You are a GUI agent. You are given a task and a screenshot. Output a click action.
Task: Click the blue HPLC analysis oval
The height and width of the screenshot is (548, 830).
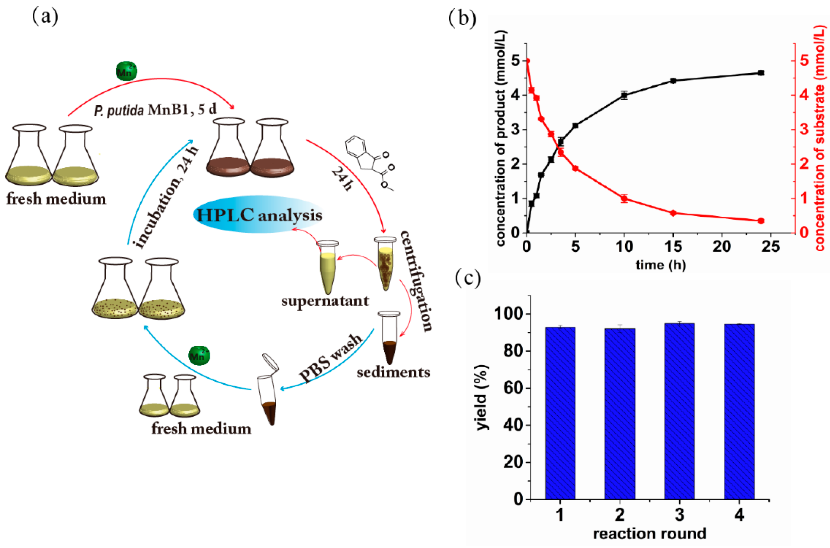[259, 215]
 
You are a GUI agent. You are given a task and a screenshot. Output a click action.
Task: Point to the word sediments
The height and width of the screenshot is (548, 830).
[393, 373]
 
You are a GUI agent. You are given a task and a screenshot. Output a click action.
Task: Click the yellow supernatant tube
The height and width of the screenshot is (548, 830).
[328, 267]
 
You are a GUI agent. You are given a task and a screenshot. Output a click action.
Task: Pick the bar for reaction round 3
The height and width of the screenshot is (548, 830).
[679, 411]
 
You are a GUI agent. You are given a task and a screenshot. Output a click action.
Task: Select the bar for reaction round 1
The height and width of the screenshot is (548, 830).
[560, 413]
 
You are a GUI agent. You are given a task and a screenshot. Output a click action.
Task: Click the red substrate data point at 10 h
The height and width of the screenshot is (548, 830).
[624, 199]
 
